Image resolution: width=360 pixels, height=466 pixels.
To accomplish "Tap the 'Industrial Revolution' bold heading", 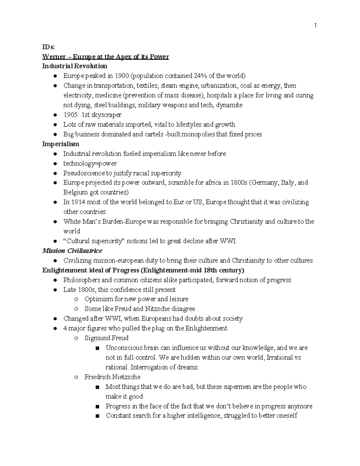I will (x=74, y=66).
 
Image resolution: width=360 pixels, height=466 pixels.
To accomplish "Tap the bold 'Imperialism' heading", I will (x=61, y=144).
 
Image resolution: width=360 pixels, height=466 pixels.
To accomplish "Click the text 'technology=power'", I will (x=90, y=163).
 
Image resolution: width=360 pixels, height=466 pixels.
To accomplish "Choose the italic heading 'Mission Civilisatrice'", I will (x=72, y=251).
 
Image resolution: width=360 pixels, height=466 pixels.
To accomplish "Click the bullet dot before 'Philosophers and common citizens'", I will (x=55, y=280).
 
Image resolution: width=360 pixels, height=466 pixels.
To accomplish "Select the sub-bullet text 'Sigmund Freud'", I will (x=106, y=338).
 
